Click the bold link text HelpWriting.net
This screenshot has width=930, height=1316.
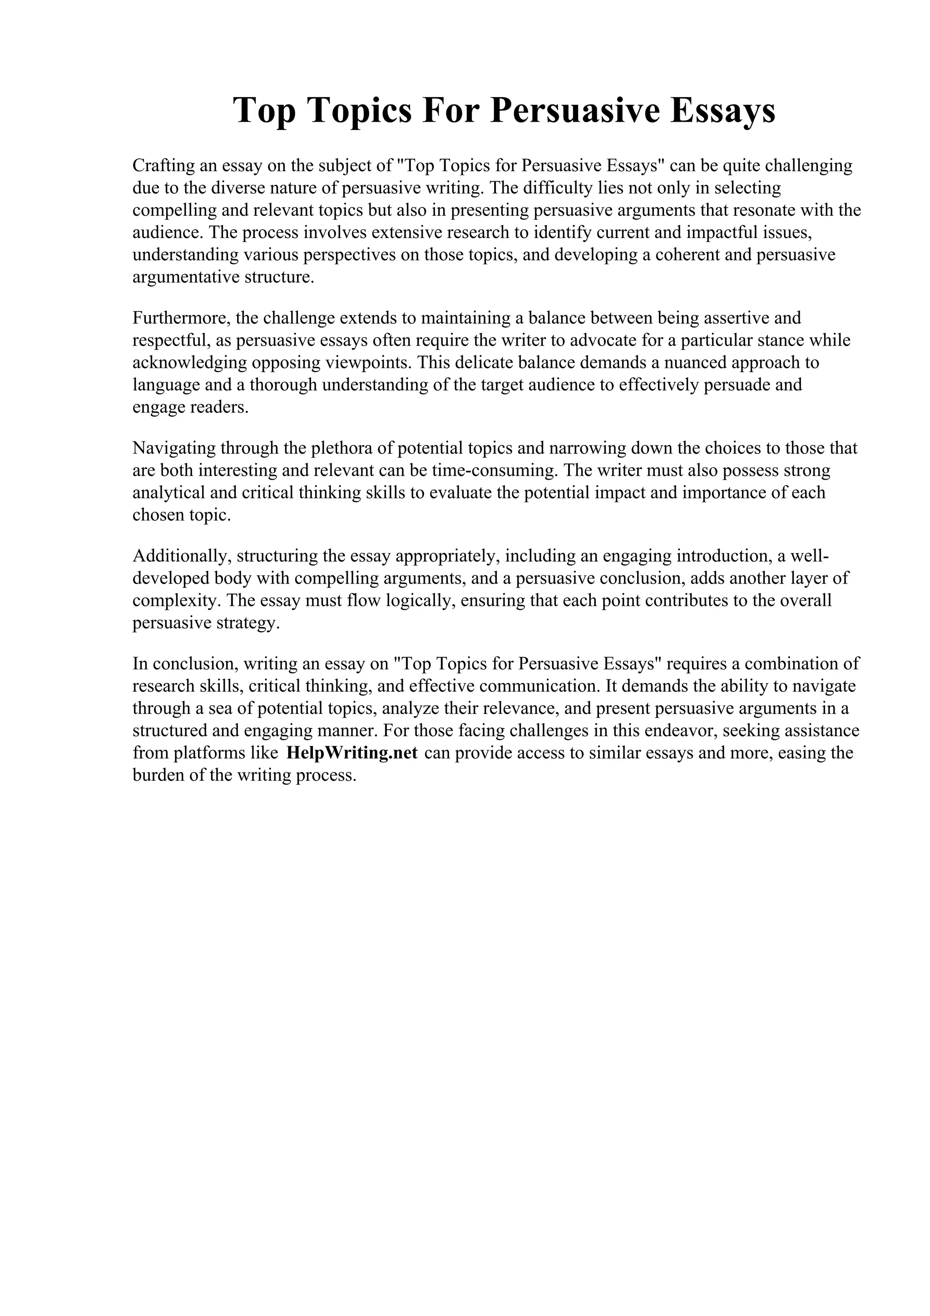(x=352, y=752)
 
